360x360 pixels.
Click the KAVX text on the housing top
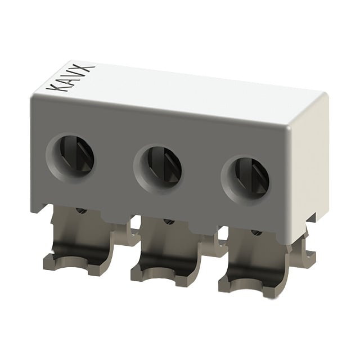click(x=70, y=78)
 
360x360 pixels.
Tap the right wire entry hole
click(x=245, y=181)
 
